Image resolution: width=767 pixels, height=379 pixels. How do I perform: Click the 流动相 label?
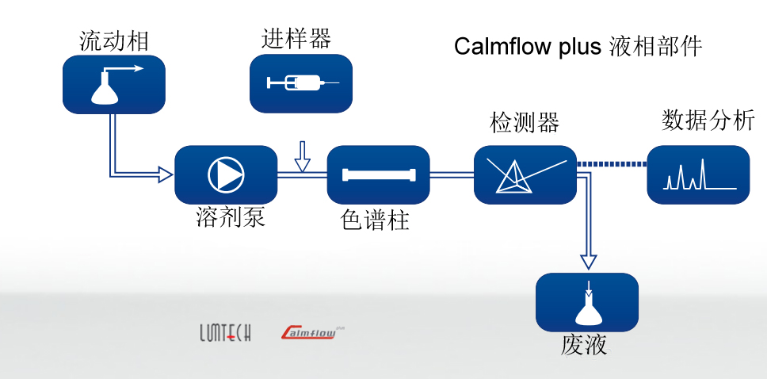coord(114,41)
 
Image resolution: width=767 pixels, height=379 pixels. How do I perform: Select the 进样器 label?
coord(296,38)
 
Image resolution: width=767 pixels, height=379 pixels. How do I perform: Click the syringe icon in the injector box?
coord(300,82)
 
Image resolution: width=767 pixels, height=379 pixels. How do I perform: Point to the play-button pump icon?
coord(226,174)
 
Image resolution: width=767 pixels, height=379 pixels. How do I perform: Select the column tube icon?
coord(378,175)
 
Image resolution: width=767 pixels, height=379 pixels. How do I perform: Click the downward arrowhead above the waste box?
coord(587,261)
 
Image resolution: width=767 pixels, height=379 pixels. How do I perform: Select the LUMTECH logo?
coord(225,333)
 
